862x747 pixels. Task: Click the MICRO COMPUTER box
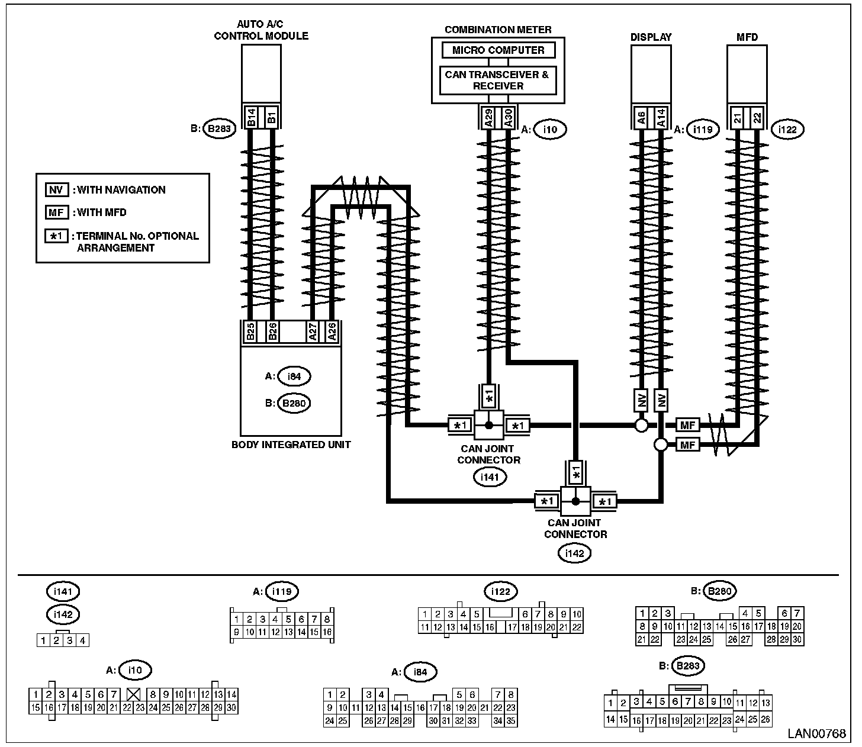pyautogui.click(x=498, y=50)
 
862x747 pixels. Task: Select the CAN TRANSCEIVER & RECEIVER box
pyautogui.click(x=498, y=81)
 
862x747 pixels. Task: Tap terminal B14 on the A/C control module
pyautogui.click(x=250, y=117)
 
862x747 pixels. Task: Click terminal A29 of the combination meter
pyautogui.click(x=489, y=117)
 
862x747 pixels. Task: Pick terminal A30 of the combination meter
pyautogui.click(x=508, y=117)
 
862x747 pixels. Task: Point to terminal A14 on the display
pyautogui.click(x=661, y=117)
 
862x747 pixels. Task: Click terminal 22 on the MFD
pyautogui.click(x=757, y=117)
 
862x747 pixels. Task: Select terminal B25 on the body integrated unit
pyautogui.click(x=250, y=331)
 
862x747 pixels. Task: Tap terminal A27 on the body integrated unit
pyautogui.click(x=312, y=331)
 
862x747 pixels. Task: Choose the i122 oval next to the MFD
pyautogui.click(x=787, y=129)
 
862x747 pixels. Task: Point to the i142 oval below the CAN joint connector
pyautogui.click(x=574, y=553)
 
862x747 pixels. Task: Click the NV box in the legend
pyautogui.click(x=57, y=190)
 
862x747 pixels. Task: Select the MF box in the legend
pyautogui.click(x=57, y=212)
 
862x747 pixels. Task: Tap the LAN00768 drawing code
pyautogui.click(x=816, y=734)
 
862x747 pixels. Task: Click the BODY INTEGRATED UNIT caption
pyautogui.click(x=291, y=445)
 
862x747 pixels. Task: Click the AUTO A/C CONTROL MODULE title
pyautogui.click(x=261, y=30)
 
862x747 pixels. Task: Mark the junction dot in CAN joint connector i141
pyautogui.click(x=489, y=425)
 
